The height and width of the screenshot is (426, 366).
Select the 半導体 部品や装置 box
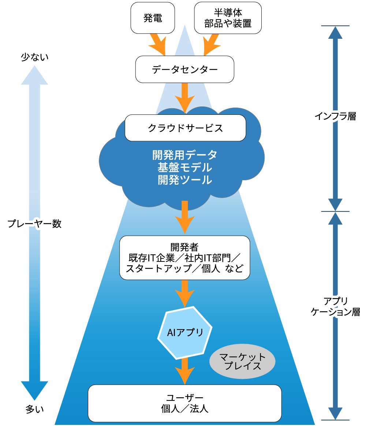pos(228,18)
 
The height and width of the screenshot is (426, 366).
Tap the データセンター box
pos(184,69)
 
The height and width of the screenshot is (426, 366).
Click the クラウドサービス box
pos(185,128)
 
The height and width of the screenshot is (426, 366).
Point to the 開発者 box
pos(185,258)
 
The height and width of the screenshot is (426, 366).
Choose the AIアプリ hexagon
pos(185,332)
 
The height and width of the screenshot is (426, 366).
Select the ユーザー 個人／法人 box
pos(185,403)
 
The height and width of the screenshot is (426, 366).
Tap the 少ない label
pos(34,57)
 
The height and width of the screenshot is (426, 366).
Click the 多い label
pos(34,409)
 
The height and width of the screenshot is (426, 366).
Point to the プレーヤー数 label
pos(34,224)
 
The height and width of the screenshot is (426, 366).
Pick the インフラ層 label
pos(335,116)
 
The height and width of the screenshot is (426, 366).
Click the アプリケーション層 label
pos(335,306)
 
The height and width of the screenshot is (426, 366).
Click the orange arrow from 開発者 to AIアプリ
pos(185,293)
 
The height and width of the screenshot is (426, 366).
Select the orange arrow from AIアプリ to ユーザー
pos(185,370)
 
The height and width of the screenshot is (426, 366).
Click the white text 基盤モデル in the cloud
pos(185,167)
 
